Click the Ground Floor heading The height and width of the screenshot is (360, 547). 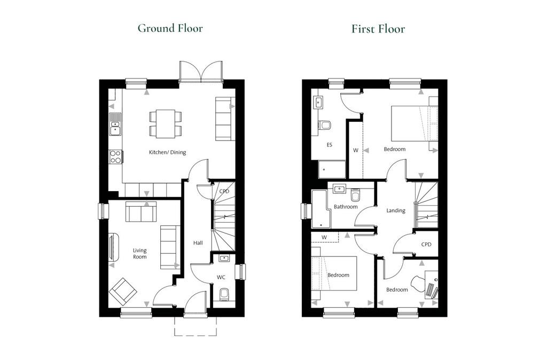[x=170, y=28]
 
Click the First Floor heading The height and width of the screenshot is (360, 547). [x=378, y=29]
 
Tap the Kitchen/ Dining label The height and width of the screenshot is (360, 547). [x=167, y=152]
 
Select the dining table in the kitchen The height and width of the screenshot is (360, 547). [x=166, y=124]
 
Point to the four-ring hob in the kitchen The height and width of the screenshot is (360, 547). [x=115, y=156]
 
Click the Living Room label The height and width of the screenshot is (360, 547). [x=139, y=254]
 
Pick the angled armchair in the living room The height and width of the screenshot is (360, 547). [x=122, y=291]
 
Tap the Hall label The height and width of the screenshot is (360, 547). [x=198, y=243]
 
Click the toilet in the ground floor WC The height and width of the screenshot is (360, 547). [x=224, y=294]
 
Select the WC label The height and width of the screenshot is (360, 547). [x=221, y=277]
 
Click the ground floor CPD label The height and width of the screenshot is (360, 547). [x=224, y=191]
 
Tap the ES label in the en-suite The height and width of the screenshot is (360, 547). [x=329, y=145]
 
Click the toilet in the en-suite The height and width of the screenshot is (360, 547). [x=324, y=125]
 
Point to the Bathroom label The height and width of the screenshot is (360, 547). [x=346, y=207]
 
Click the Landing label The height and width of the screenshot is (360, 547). [x=396, y=210]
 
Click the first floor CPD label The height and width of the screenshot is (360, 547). [x=426, y=245]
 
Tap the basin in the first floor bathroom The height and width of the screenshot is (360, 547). [x=339, y=189]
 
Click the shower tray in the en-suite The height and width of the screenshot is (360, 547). [x=332, y=169]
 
